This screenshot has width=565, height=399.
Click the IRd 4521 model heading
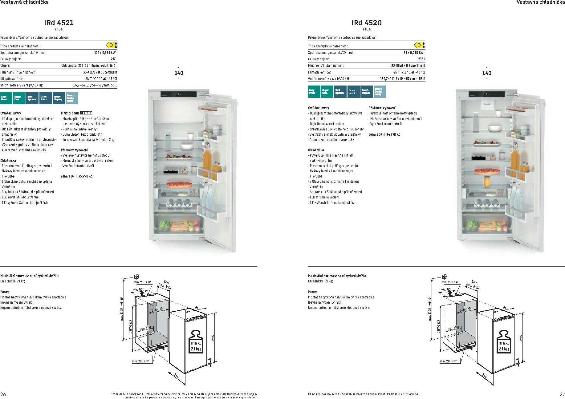click(x=59, y=23)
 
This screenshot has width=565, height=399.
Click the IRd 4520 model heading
click(x=366, y=23)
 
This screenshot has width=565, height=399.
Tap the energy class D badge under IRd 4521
click(x=112, y=45)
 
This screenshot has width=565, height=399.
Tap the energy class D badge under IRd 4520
click(x=420, y=45)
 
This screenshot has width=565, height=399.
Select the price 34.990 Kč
click(x=384, y=134)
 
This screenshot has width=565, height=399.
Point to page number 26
click(x=3, y=394)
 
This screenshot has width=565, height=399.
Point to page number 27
click(x=562, y=394)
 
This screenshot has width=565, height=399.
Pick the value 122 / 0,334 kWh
click(x=106, y=53)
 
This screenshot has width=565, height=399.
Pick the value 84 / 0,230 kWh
click(x=414, y=53)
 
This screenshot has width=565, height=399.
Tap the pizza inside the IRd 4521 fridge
click(x=175, y=185)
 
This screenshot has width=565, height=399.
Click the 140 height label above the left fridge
click(x=179, y=73)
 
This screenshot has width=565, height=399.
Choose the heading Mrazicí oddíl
click(x=70, y=113)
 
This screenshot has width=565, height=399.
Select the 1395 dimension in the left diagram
click(x=213, y=338)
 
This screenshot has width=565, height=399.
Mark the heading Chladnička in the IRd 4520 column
click(x=316, y=150)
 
